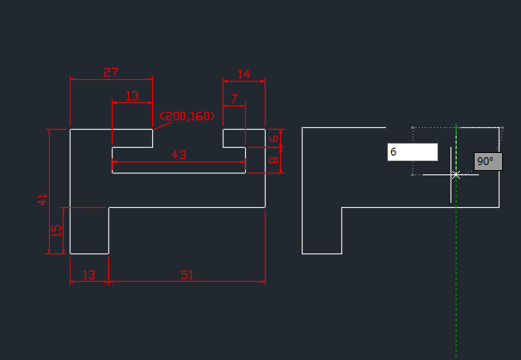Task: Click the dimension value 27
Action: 111,72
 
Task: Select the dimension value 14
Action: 243,74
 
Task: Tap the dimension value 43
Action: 179,155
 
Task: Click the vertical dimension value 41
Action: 42,199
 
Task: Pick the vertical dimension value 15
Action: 57,230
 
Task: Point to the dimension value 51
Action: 187,275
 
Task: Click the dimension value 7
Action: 234,100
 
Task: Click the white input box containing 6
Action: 413,152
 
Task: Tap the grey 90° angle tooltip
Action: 487,162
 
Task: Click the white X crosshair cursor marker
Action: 456,174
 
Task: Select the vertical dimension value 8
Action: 274,160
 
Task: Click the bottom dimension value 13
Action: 89,275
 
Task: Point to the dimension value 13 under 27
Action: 132,95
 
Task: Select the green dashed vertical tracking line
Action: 456,275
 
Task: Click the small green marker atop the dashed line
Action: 456,127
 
